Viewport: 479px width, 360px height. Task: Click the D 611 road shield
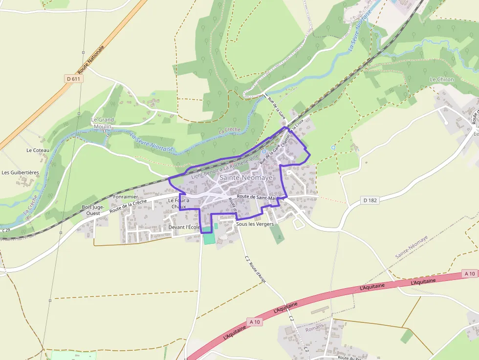(73, 79)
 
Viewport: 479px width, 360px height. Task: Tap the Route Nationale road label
(91, 59)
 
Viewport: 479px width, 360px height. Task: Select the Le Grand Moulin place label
(103, 123)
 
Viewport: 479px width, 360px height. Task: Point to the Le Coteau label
(38, 150)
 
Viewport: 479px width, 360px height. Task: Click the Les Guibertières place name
(20, 172)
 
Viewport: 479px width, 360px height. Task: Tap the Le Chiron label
(442, 79)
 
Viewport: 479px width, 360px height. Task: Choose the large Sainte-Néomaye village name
(246, 178)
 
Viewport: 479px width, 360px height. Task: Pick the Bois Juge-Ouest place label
(93, 210)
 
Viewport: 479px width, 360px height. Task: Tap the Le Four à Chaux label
(178, 203)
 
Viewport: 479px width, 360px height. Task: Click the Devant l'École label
(184, 228)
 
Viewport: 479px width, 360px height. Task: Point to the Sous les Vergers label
(255, 224)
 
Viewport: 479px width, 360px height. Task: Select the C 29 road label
(6, 230)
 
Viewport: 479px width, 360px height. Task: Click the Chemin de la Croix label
(293, 131)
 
